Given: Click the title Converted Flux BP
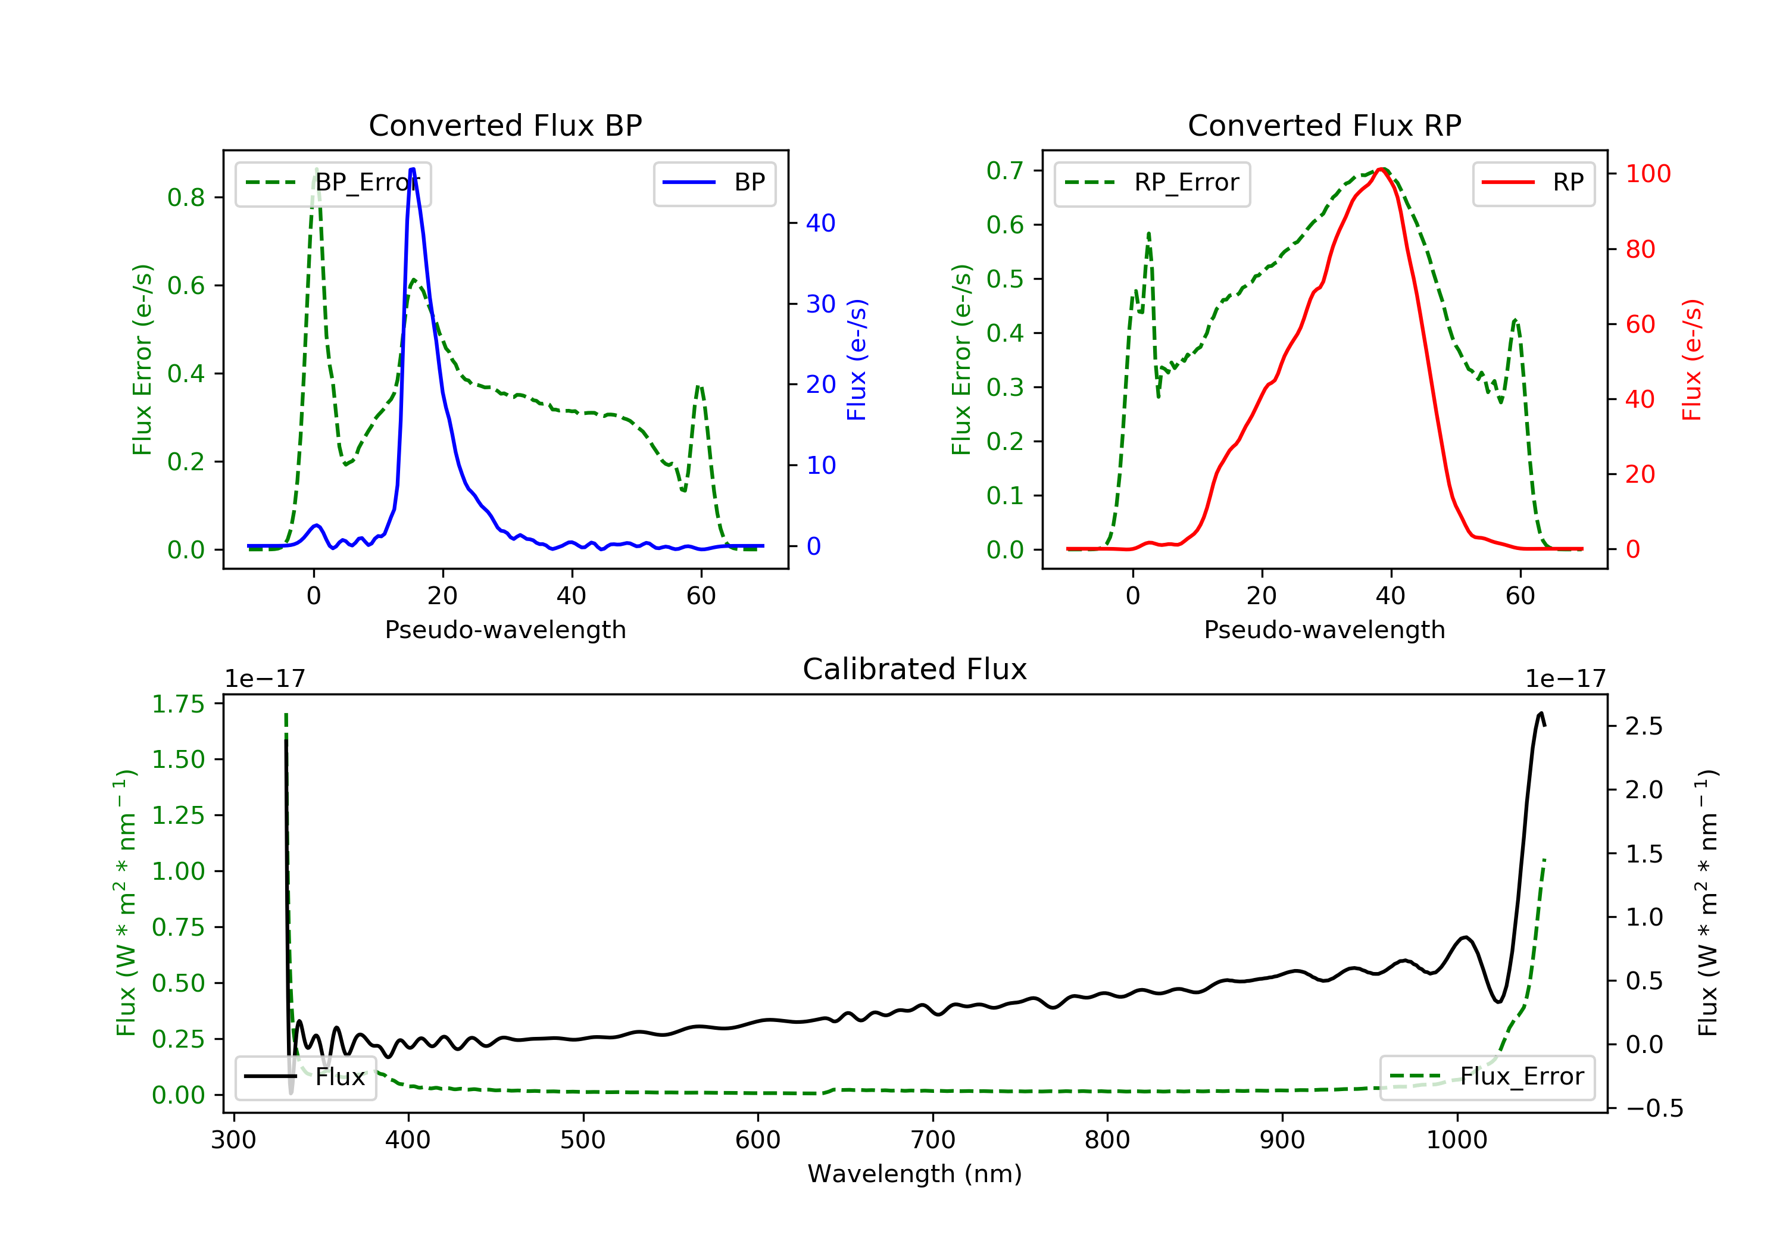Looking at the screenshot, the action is [x=505, y=125].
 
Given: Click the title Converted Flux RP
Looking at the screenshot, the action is [x=1325, y=125].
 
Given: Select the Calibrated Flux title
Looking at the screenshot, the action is [x=915, y=669].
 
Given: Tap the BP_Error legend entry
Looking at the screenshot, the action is [x=333, y=183].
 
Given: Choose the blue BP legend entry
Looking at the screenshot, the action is [x=714, y=183].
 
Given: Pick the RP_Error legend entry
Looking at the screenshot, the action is [x=1152, y=183].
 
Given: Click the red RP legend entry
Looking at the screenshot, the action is [x=1533, y=183].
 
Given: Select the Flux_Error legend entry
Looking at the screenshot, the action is [x=1487, y=1077].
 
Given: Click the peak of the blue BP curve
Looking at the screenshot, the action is [x=413, y=169].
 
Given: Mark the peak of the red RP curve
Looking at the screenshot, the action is [x=1382, y=169].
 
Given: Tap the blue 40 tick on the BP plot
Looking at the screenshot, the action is [x=820, y=223].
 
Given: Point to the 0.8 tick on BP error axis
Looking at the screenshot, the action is [x=187, y=198].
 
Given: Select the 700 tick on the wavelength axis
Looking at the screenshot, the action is [x=933, y=1140].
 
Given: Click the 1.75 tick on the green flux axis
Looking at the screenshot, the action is [x=178, y=704].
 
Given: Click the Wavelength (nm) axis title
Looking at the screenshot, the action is [x=915, y=1174].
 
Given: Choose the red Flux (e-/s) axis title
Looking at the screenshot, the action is [x=1692, y=360].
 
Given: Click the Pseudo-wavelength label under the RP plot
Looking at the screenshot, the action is [x=1325, y=629].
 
